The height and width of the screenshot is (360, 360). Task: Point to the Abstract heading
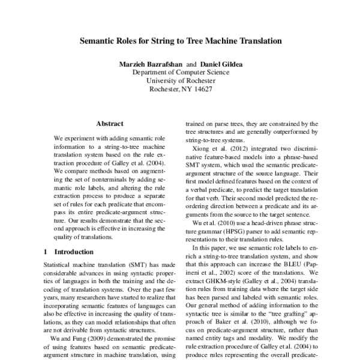pyautogui.click(x=110, y=124)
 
